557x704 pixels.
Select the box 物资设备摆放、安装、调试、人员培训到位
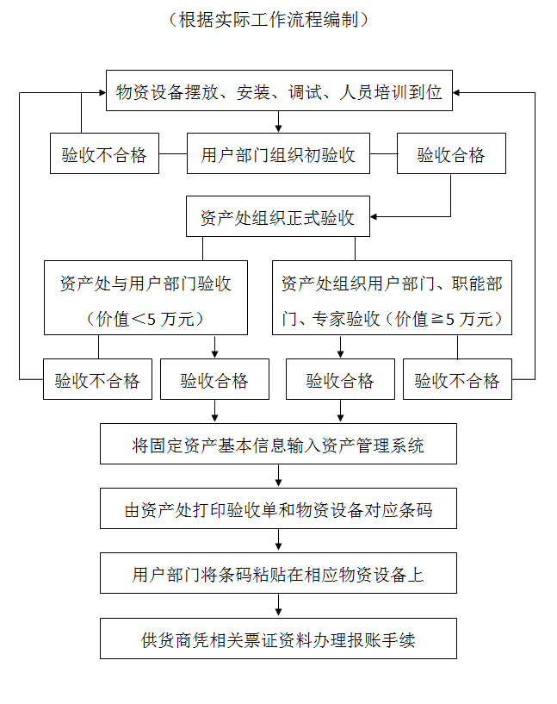click(279, 92)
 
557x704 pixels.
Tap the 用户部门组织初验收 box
click(278, 155)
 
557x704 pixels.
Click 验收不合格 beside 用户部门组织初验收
click(104, 155)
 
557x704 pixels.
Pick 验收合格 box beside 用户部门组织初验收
click(451, 155)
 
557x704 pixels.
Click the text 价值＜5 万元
click(145, 319)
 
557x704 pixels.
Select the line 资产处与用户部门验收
click(145, 283)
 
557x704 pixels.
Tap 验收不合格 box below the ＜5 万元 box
click(97, 380)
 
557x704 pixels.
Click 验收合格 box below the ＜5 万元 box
click(214, 380)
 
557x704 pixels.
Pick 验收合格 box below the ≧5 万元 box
click(340, 380)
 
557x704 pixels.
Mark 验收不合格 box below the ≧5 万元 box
click(457, 380)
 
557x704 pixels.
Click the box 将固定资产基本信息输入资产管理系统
click(278, 445)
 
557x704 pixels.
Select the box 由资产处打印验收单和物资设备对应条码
click(278, 510)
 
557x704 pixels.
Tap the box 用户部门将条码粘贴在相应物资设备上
click(278, 574)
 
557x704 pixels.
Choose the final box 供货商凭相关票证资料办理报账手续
click(278, 640)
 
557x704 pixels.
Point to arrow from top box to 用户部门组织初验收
click(278, 121)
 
